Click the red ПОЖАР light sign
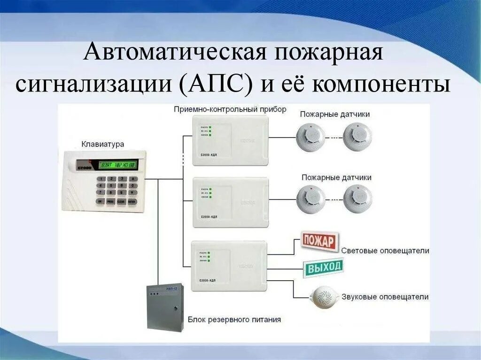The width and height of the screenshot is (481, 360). pyautogui.click(x=319, y=242)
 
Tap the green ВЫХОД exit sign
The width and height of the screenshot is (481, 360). pyautogui.click(x=323, y=268)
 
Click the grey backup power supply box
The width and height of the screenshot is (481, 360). pyautogui.click(x=164, y=306)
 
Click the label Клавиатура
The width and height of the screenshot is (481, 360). pyautogui.click(x=103, y=144)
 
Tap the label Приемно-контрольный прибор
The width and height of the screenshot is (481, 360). pyautogui.click(x=230, y=109)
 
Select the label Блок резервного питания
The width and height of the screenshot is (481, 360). pyautogui.click(x=234, y=320)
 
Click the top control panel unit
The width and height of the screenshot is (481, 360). pyautogui.click(x=230, y=139)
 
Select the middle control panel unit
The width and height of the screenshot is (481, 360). pyautogui.click(x=230, y=202)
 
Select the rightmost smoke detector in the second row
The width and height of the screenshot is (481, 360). pyautogui.click(x=357, y=198)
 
